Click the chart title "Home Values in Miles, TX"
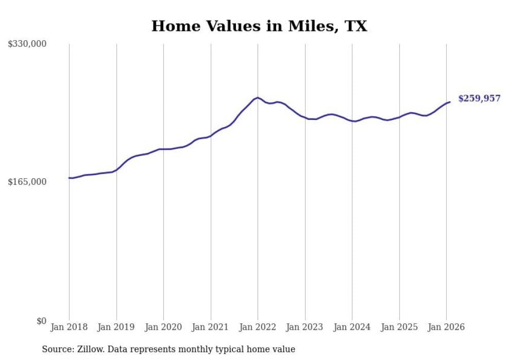tap(259, 26)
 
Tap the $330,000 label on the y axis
tap(27, 44)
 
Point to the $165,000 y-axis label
tap(27, 182)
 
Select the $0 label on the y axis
tap(41, 321)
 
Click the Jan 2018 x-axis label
tap(69, 328)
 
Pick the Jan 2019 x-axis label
tap(116, 328)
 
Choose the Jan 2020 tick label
tap(163, 328)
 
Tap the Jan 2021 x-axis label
tap(211, 328)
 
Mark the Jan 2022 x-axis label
tap(258, 328)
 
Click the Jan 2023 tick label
tap(305, 328)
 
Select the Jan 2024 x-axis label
tap(352, 328)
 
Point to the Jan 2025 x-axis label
tap(399, 328)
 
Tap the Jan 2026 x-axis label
tap(446, 328)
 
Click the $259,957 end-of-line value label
tap(479, 98)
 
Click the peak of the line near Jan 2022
tap(258, 97)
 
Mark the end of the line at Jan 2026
tap(450, 102)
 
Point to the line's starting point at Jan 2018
tap(69, 178)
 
